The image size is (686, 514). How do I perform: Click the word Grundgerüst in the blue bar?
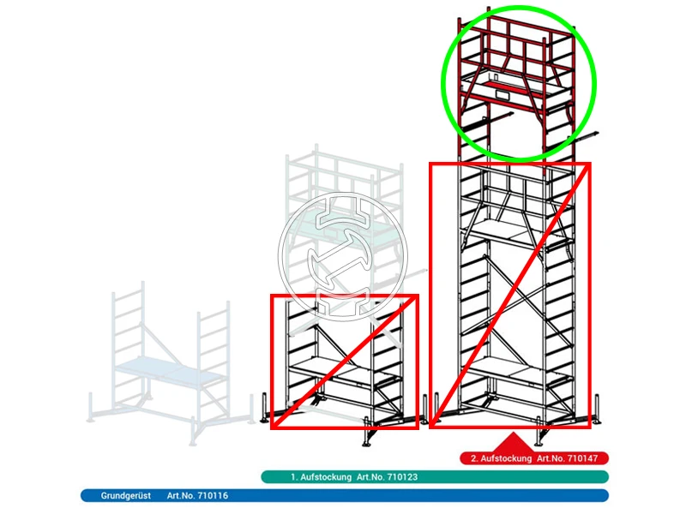[125, 496]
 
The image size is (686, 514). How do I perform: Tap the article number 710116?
[213, 496]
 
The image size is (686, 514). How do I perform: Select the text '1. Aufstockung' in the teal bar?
[321, 477]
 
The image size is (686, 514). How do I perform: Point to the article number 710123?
[402, 477]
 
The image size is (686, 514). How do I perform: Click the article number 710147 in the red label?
[582, 458]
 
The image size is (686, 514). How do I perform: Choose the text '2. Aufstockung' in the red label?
[501, 458]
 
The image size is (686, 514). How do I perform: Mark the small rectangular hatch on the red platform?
[502, 95]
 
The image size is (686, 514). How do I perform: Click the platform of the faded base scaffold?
[168, 371]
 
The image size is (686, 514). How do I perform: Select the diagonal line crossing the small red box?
[344, 362]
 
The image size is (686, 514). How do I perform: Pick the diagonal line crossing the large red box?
[510, 295]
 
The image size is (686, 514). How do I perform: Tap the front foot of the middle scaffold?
[370, 438]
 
